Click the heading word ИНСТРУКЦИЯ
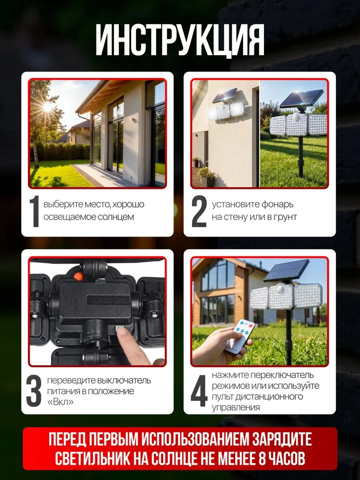(180, 41)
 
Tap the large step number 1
(34, 211)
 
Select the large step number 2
(199, 211)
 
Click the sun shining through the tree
(48, 107)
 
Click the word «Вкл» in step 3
(60, 402)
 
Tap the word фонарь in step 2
(277, 205)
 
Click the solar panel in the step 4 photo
(286, 271)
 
